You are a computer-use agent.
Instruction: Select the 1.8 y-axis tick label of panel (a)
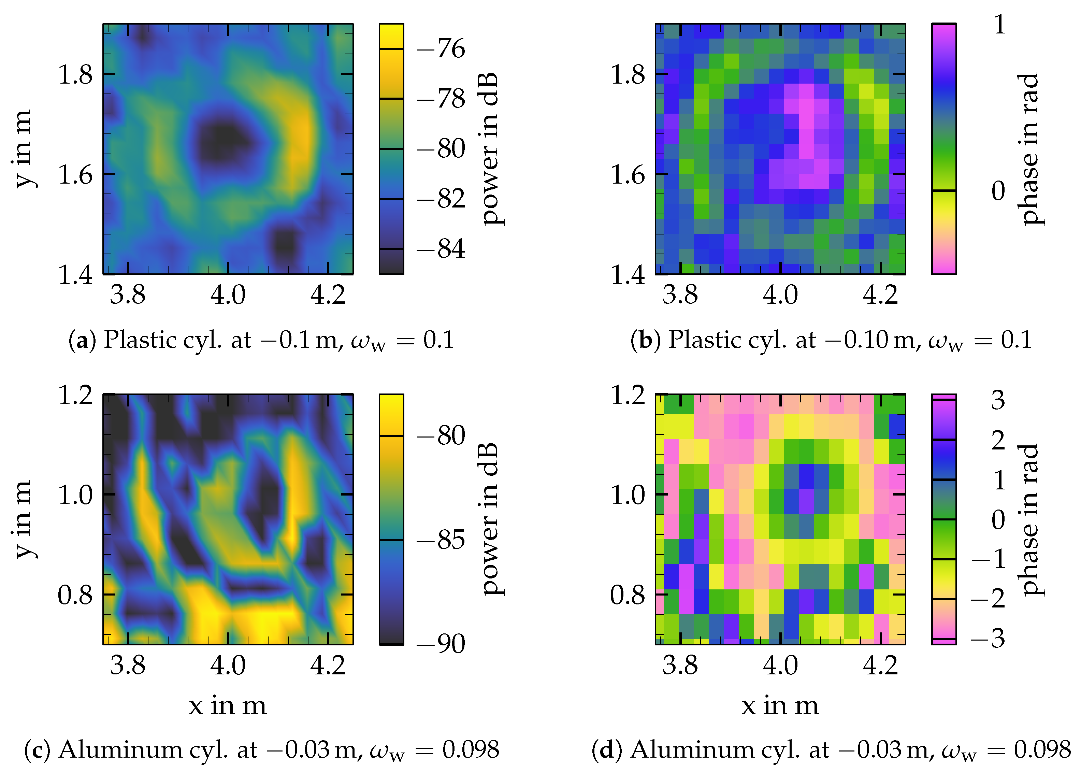click(75, 74)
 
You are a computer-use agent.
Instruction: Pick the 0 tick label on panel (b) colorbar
click(998, 191)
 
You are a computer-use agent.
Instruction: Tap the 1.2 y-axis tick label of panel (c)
click(75, 395)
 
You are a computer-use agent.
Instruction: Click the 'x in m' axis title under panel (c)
click(228, 705)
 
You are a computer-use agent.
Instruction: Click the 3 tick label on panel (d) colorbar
click(998, 400)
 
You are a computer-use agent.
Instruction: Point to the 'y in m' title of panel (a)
click(23, 148)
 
